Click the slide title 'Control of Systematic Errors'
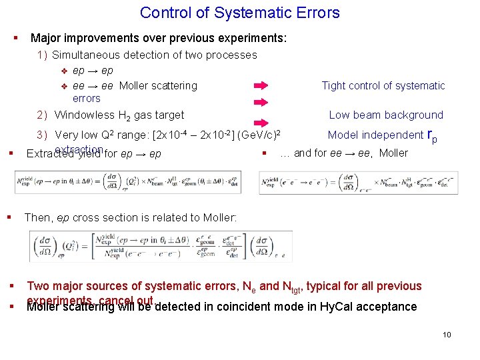[x=240, y=13]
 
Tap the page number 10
[x=447, y=334]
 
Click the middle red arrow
[x=261, y=102]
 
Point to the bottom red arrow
[x=261, y=117]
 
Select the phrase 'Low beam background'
[x=386, y=115]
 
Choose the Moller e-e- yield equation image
[x=359, y=182]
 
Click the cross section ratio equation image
[x=161, y=246]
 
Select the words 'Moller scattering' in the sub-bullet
[x=158, y=85]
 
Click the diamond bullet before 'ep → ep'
[x=65, y=71]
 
